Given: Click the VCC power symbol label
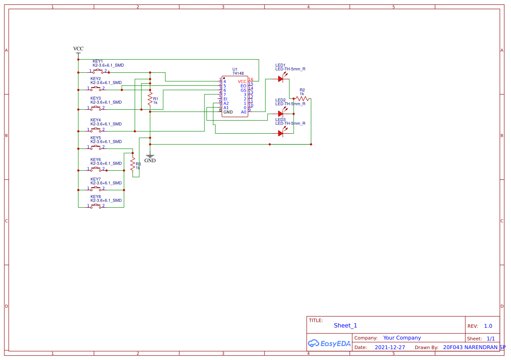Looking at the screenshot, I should coord(78,49).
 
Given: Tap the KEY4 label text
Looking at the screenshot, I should coord(96,120).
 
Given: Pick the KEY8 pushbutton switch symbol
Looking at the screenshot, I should coord(97,206).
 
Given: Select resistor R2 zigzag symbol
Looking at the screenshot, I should coord(302,99).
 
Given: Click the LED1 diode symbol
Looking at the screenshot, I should coord(281,79).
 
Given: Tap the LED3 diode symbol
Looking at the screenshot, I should coord(281,133).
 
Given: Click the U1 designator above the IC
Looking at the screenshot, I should coord(235,69).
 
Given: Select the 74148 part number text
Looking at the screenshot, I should coord(238,74).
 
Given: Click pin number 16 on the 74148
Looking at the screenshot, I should coord(250,80).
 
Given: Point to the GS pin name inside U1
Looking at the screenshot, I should coord(243,90).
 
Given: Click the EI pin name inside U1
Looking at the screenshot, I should coord(225,99).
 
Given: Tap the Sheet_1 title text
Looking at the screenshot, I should coord(345,326).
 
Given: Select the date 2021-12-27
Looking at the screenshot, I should coord(390,347).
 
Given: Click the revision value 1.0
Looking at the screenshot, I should coord(488,326).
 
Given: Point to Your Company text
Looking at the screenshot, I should coord(402,338).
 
